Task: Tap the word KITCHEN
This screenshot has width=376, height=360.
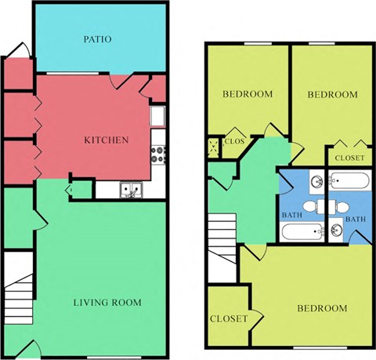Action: [x=107, y=140]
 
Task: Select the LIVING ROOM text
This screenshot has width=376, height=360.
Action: [x=107, y=302]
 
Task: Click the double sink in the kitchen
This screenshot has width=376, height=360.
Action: [x=131, y=189]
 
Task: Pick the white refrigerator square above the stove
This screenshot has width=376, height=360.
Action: [x=157, y=117]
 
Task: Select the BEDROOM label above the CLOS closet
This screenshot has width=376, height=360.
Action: [x=247, y=94]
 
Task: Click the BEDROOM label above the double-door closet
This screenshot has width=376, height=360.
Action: [x=331, y=94]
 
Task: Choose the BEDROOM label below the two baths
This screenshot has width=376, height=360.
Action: [x=321, y=308]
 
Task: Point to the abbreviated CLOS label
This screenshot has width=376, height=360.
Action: [x=234, y=142]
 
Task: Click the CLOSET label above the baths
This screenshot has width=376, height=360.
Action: [x=349, y=158]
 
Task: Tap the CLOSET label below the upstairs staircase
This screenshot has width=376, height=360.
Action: [x=229, y=318]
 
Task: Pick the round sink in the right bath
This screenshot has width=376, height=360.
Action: [x=335, y=231]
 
